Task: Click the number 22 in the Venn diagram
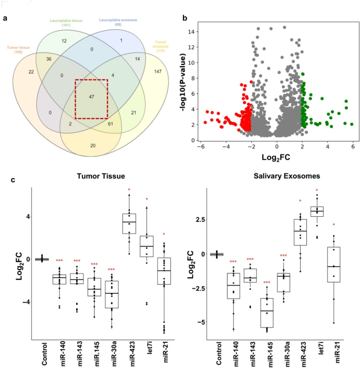click(x=31, y=71)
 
